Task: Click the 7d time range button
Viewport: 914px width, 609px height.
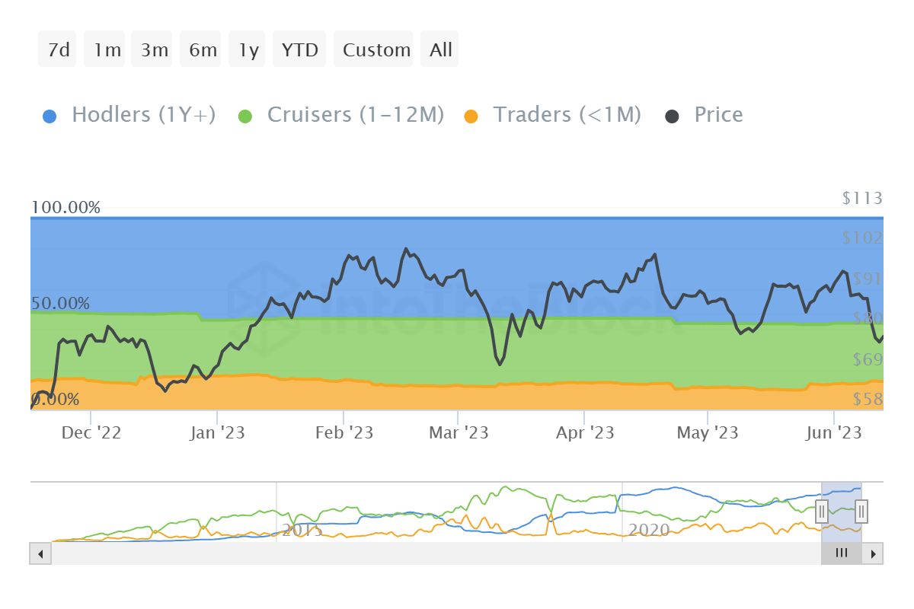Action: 58,49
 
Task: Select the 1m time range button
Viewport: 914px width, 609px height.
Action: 107,49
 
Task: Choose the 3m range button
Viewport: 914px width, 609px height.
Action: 154,49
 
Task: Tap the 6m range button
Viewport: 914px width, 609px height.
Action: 203,49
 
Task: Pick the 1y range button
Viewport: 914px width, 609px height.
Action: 248,49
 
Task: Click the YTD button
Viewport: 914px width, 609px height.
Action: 299,49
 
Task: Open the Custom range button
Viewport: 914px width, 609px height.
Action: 376,49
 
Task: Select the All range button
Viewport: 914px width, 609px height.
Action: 440,49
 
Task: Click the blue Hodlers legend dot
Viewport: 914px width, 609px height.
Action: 50,116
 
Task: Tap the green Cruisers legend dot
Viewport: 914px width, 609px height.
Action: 245,116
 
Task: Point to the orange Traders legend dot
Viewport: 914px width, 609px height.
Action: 471,116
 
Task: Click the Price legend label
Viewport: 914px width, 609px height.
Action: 718,115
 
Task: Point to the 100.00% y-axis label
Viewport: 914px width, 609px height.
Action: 66,207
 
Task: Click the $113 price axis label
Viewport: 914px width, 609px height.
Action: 862,199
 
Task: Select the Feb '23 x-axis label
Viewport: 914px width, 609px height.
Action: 344,432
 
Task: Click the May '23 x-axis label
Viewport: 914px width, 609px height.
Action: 708,432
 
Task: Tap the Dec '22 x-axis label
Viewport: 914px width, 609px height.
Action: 91,432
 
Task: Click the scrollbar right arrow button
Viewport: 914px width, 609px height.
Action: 874,553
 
